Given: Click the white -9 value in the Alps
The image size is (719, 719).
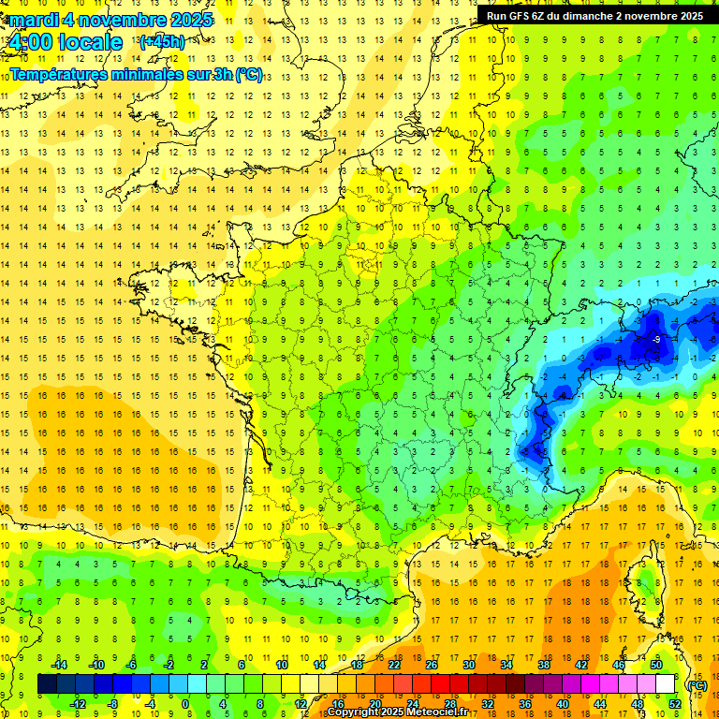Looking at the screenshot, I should pos(657,339).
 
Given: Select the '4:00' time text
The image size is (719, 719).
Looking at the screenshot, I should pos(35,42).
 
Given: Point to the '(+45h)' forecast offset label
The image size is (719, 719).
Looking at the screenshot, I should pos(162,41).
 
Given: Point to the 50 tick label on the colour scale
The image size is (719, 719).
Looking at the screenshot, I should pos(655,665).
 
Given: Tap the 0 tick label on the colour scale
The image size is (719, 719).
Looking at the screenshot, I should pos(185,703).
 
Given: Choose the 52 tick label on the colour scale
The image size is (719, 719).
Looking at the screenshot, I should pos(674,703).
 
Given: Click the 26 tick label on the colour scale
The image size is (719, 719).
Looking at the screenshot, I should pos(432,665).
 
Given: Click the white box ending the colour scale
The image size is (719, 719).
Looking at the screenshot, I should pos(665,684).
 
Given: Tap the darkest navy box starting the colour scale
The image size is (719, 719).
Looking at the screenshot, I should pos(47,684).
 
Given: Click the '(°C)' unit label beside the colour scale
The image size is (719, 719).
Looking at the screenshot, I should pos(697,684).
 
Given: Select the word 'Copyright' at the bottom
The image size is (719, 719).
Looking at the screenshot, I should pos(354,712).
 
